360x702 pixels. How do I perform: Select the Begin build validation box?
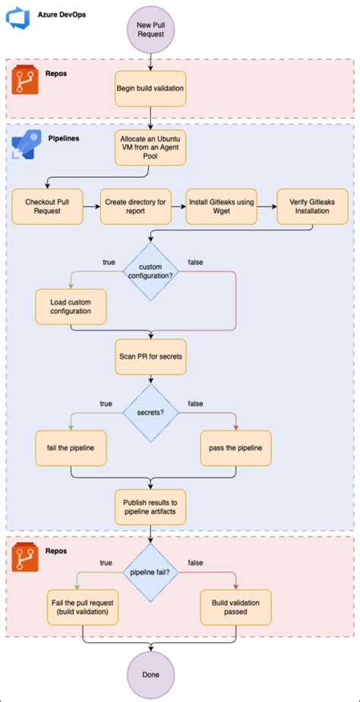[150, 87]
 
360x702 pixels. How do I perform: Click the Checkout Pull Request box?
[48, 206]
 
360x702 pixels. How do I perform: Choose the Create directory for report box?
[135, 206]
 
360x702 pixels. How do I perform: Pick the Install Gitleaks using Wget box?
[222, 206]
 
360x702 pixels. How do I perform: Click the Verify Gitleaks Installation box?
[311, 206]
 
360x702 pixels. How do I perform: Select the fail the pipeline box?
[71, 449]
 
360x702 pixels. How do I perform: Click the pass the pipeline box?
[235, 449]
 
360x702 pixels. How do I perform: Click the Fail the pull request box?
[82, 606]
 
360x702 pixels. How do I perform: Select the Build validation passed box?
[235, 606]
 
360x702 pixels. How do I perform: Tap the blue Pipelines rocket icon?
[25, 144]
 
